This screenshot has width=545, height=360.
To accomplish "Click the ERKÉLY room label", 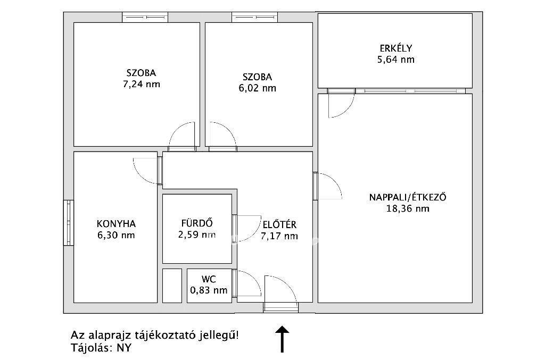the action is point(396,48).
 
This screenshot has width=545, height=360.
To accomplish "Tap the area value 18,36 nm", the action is point(408,208).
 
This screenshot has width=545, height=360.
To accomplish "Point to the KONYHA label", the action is point(116,223).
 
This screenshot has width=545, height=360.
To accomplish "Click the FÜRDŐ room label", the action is point(197,223).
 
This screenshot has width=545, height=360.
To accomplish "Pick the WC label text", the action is point(209,279).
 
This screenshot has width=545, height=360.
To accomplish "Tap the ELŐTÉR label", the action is point(279,224).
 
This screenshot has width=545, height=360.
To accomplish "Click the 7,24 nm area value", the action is point(142,85).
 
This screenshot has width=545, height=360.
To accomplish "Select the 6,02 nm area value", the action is point(257,88).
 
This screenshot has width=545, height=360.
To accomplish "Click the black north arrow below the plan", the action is point(282,339).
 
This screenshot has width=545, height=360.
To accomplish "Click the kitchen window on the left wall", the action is point(69,222).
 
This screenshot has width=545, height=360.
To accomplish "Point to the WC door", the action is point(246,283).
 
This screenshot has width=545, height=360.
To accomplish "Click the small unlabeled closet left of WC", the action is point(172,286).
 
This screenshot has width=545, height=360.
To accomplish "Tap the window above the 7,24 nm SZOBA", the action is point(145,17).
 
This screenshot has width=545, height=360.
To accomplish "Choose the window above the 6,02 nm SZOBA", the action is point(254,17).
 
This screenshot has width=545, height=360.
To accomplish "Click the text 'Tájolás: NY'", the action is point(101,347).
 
